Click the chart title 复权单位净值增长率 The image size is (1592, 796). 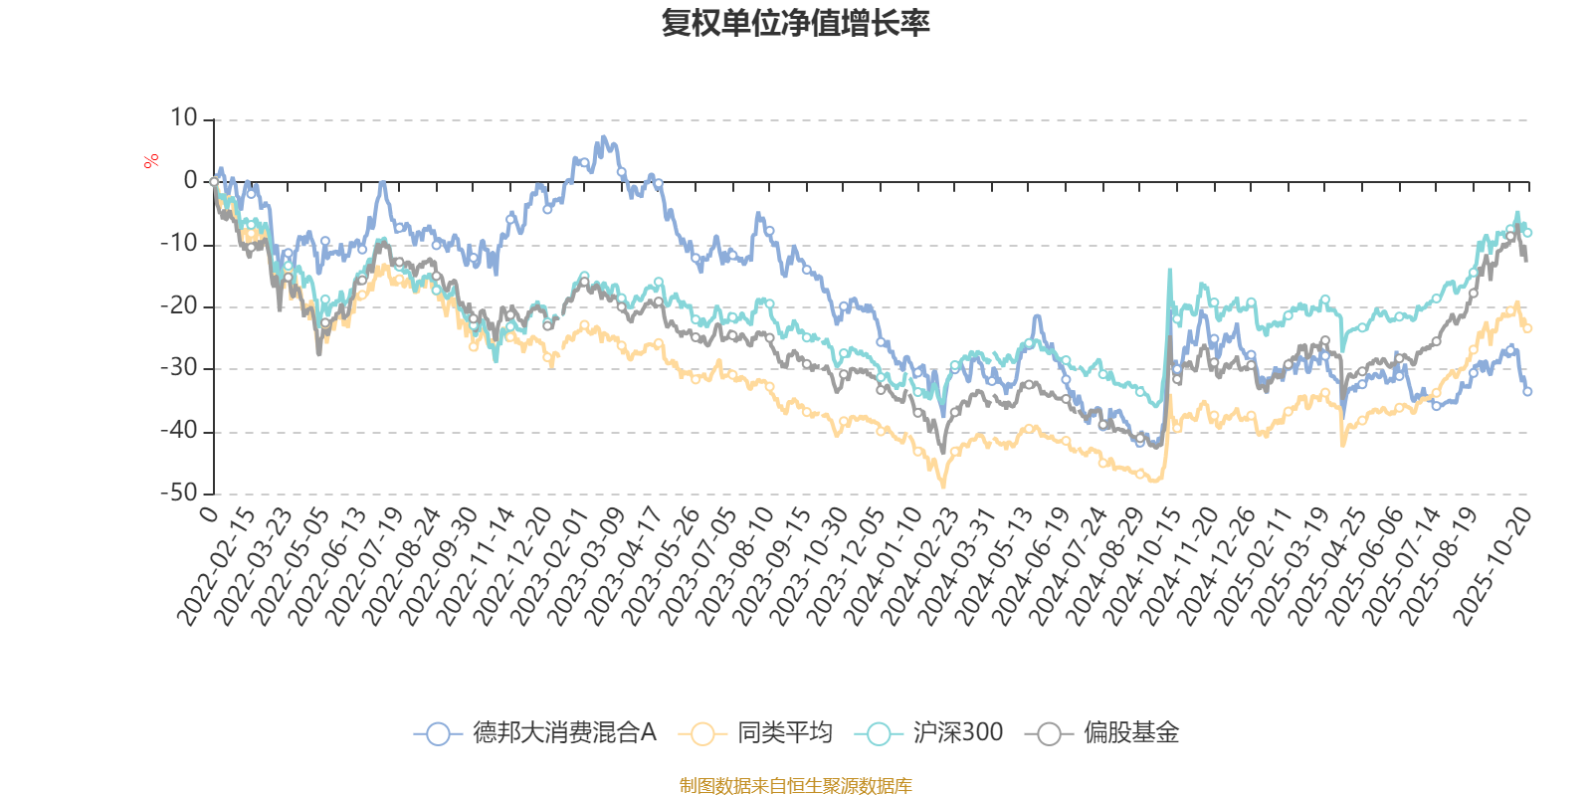click(x=795, y=23)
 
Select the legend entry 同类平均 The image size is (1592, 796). click(x=756, y=733)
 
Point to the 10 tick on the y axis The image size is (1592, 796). click(x=184, y=118)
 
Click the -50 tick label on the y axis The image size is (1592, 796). click(x=179, y=493)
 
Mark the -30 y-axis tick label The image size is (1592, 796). click(x=179, y=368)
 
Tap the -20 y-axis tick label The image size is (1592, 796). click(x=179, y=306)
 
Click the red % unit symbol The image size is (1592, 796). click(x=151, y=161)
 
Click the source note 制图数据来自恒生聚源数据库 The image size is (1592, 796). click(x=795, y=786)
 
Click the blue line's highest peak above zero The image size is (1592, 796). click(x=604, y=137)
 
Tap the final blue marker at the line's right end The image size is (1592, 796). click(x=1527, y=391)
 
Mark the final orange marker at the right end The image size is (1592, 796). click(x=1527, y=327)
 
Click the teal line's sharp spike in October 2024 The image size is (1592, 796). click(x=1169, y=269)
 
